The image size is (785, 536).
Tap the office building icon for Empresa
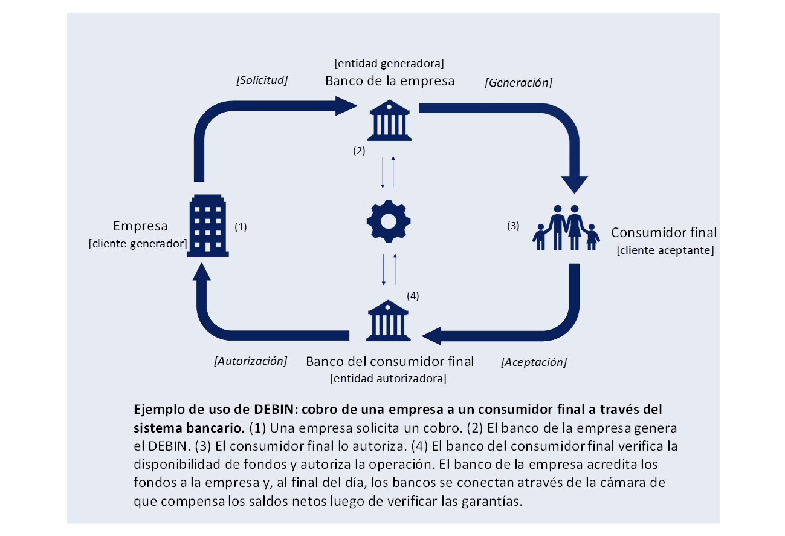point(206,225)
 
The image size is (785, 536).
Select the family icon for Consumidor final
point(566,228)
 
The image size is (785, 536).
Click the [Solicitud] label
point(261,80)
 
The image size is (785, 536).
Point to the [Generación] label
point(518,82)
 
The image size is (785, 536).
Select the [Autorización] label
point(250,361)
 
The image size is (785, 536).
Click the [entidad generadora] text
point(389,63)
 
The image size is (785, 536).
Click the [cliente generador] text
point(138,243)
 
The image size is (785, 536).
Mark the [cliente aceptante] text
point(665,250)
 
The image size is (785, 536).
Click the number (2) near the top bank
point(359,151)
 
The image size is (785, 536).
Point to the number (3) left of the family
point(512,226)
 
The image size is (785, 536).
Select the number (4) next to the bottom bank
point(412,296)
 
